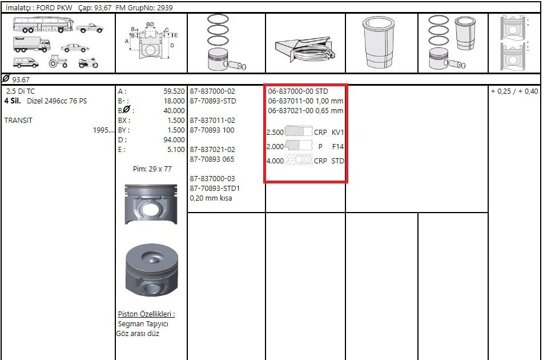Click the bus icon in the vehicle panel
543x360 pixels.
pos(43,25)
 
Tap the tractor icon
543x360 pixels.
pos(58,61)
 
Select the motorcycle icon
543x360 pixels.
pos(88,62)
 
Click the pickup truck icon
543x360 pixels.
pos(90,28)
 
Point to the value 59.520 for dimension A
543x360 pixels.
pos(174,91)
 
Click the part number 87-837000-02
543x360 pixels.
pos(212,91)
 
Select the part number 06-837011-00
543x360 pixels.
pos(291,101)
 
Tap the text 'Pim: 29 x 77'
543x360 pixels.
pos(152,169)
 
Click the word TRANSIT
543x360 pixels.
pos(18,121)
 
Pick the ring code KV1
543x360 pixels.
pos(337,133)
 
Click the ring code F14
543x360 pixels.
pos(337,146)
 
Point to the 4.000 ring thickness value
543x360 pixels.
pos(275,161)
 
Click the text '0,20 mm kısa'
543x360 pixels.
pos(211,198)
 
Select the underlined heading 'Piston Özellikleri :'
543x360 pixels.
pos(146,314)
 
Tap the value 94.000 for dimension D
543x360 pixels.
pos(174,140)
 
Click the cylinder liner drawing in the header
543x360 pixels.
pos(379,43)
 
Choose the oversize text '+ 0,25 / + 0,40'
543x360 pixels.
pos(514,91)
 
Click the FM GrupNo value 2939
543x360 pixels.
pos(164,7)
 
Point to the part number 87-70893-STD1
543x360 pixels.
pos(215,189)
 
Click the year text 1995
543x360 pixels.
pos(103,130)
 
